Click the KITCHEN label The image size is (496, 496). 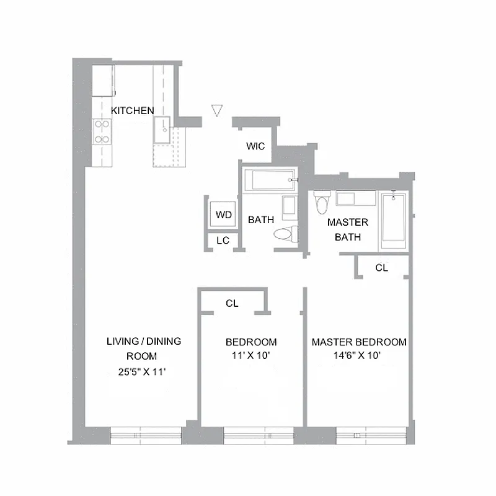pos(132,110)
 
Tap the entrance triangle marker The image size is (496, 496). pos(216,110)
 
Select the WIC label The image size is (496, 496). pos(255,146)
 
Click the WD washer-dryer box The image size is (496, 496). pos(223,215)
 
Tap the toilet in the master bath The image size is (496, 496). pos(321,202)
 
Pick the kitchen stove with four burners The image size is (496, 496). pos(102,131)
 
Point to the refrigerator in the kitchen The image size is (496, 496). pos(103,81)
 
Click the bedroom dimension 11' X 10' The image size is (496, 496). pos(250,356)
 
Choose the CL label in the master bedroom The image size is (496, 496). pos(382,268)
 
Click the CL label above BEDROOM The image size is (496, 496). pos(232,303)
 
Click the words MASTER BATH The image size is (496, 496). pos(347,229)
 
